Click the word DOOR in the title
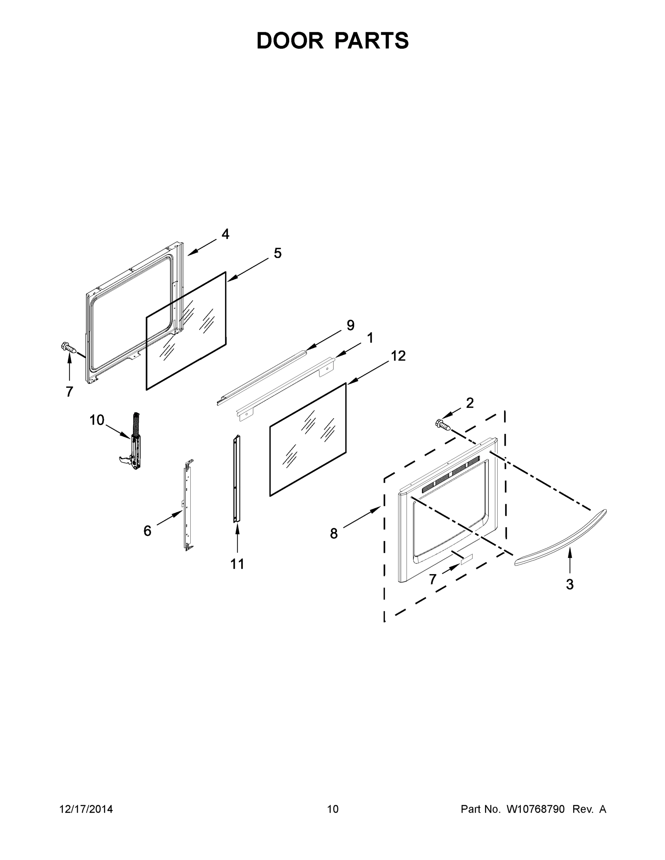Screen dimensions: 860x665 pyautogui.click(x=290, y=40)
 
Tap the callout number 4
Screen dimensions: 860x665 pyautogui.click(x=225, y=234)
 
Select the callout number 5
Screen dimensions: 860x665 pyautogui.click(x=278, y=253)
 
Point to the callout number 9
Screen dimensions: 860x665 pyautogui.click(x=350, y=325)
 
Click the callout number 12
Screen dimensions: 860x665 pyautogui.click(x=398, y=355)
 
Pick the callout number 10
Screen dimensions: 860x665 pyautogui.click(x=96, y=420)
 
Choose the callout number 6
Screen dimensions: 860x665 pyautogui.click(x=147, y=531)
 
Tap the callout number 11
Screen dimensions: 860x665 pyautogui.click(x=237, y=564)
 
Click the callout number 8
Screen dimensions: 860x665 pyautogui.click(x=334, y=534)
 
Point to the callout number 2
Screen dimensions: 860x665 pyautogui.click(x=470, y=403)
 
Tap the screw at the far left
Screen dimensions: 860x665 pyautogui.click(x=68, y=348)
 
